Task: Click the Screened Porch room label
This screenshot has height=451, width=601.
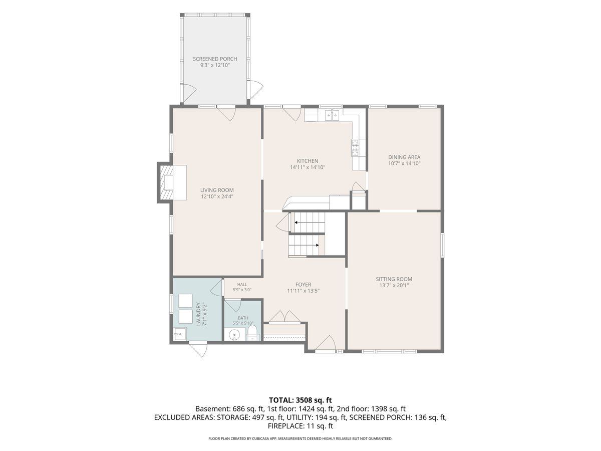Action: coord(215,59)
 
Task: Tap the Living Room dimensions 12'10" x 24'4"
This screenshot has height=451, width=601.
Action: coord(217,196)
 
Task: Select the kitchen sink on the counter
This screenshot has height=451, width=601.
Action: coord(332,115)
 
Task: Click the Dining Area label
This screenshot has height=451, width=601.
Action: coord(404,157)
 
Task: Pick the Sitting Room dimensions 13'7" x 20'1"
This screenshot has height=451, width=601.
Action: coord(394,285)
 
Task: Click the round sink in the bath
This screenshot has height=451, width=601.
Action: coord(234,335)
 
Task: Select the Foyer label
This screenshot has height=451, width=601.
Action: coord(303,285)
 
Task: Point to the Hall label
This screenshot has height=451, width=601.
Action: coord(242,285)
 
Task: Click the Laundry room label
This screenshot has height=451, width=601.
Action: coord(198,314)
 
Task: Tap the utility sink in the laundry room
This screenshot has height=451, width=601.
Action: coord(180,334)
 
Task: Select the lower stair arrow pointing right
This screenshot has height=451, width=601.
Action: coord(304,245)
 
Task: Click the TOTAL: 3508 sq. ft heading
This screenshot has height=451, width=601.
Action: coord(300,400)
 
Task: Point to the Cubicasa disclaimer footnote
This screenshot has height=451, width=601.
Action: coord(300,438)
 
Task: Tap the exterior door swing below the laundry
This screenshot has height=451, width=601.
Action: coord(199,350)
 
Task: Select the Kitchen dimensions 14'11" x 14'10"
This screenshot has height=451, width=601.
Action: coord(308,167)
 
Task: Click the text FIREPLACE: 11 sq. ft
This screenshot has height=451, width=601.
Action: coord(300,426)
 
